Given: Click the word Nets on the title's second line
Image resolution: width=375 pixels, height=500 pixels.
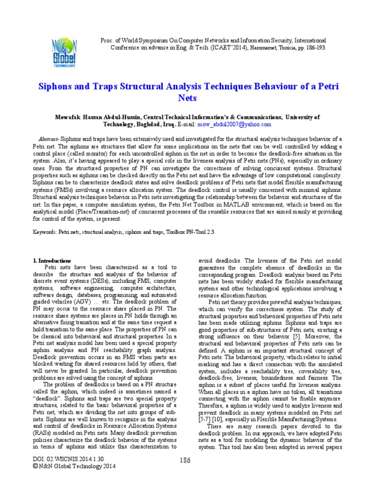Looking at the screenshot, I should (x=187, y=98).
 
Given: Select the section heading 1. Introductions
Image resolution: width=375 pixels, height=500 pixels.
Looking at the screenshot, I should (x=52, y=261).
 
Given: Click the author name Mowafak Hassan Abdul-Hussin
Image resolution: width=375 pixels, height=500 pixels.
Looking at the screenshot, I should (x=100, y=117).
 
